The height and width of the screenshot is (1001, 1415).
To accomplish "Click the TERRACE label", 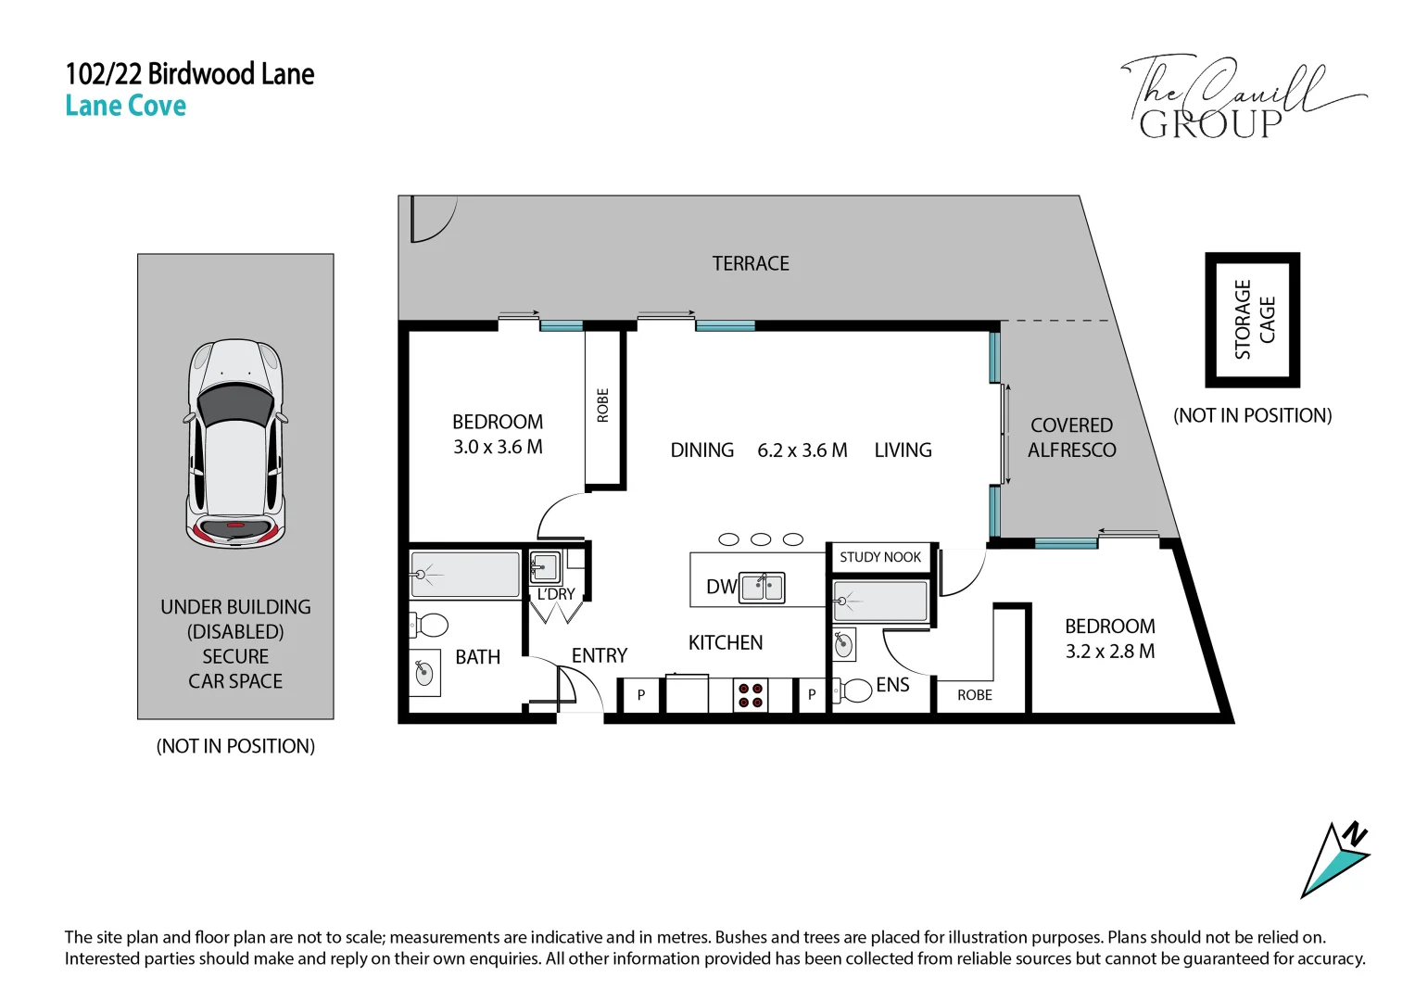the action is pyautogui.click(x=751, y=263).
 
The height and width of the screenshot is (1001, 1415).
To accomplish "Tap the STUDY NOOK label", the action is pyautogui.click(x=880, y=557).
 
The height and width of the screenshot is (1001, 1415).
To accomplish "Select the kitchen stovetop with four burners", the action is pyautogui.click(x=751, y=695).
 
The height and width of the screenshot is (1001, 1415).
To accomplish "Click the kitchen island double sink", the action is pyautogui.click(x=762, y=588).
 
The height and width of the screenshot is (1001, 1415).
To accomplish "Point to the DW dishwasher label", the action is pyautogui.click(x=721, y=587).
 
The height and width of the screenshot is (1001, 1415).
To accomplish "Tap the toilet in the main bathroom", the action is pyautogui.click(x=429, y=626).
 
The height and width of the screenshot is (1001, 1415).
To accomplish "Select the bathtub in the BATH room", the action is pyautogui.click(x=465, y=575).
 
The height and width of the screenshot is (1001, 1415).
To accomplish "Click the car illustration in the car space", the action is pyautogui.click(x=235, y=444).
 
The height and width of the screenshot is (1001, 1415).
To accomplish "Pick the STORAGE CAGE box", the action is pyautogui.click(x=1252, y=320).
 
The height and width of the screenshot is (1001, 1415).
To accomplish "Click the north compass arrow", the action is pyautogui.click(x=1334, y=861).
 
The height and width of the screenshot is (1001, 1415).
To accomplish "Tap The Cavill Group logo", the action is pyautogui.click(x=1244, y=96).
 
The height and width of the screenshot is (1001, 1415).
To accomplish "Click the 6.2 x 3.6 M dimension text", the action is pyautogui.click(x=802, y=450).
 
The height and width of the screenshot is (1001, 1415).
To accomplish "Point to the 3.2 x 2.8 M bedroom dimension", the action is pyautogui.click(x=1110, y=652).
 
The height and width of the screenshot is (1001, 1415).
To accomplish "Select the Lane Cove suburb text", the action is pyautogui.click(x=126, y=106).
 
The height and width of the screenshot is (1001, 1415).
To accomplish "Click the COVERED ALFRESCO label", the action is pyautogui.click(x=1072, y=437).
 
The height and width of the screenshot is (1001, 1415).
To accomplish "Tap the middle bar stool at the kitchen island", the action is pyautogui.click(x=761, y=539).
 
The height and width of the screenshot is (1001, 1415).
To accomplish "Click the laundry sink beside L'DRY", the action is pyautogui.click(x=545, y=567).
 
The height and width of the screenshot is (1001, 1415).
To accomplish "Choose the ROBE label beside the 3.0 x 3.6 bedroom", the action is pyautogui.click(x=602, y=406).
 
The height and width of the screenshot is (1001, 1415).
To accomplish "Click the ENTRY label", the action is pyautogui.click(x=600, y=656).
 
